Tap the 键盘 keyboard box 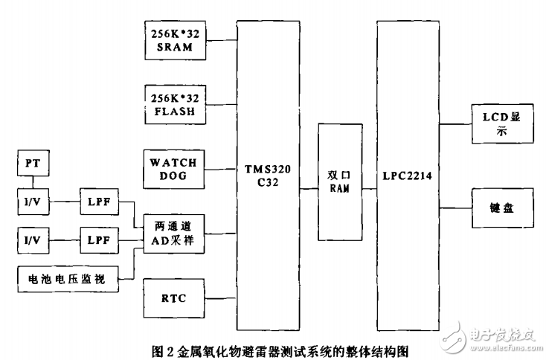tap(503, 208)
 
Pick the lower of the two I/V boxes tap(33, 242)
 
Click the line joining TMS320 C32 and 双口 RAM tap(309, 189)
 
